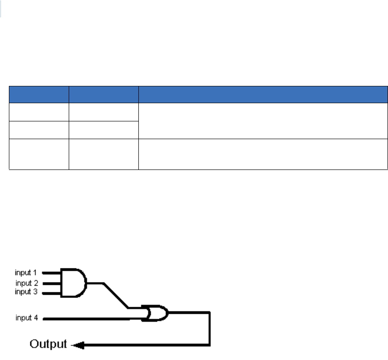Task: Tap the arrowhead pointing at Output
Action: [77, 346]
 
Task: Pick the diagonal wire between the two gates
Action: [115, 295]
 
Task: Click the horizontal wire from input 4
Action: [89, 319]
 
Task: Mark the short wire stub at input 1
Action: [52, 272]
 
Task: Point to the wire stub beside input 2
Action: [52, 282]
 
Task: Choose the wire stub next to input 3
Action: [52, 292]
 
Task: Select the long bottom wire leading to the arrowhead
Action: [145, 346]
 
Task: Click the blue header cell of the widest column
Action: [263, 94]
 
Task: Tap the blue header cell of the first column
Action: [39, 94]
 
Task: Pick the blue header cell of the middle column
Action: [104, 94]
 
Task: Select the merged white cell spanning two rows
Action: [263, 120]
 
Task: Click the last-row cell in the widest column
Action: [263, 154]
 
